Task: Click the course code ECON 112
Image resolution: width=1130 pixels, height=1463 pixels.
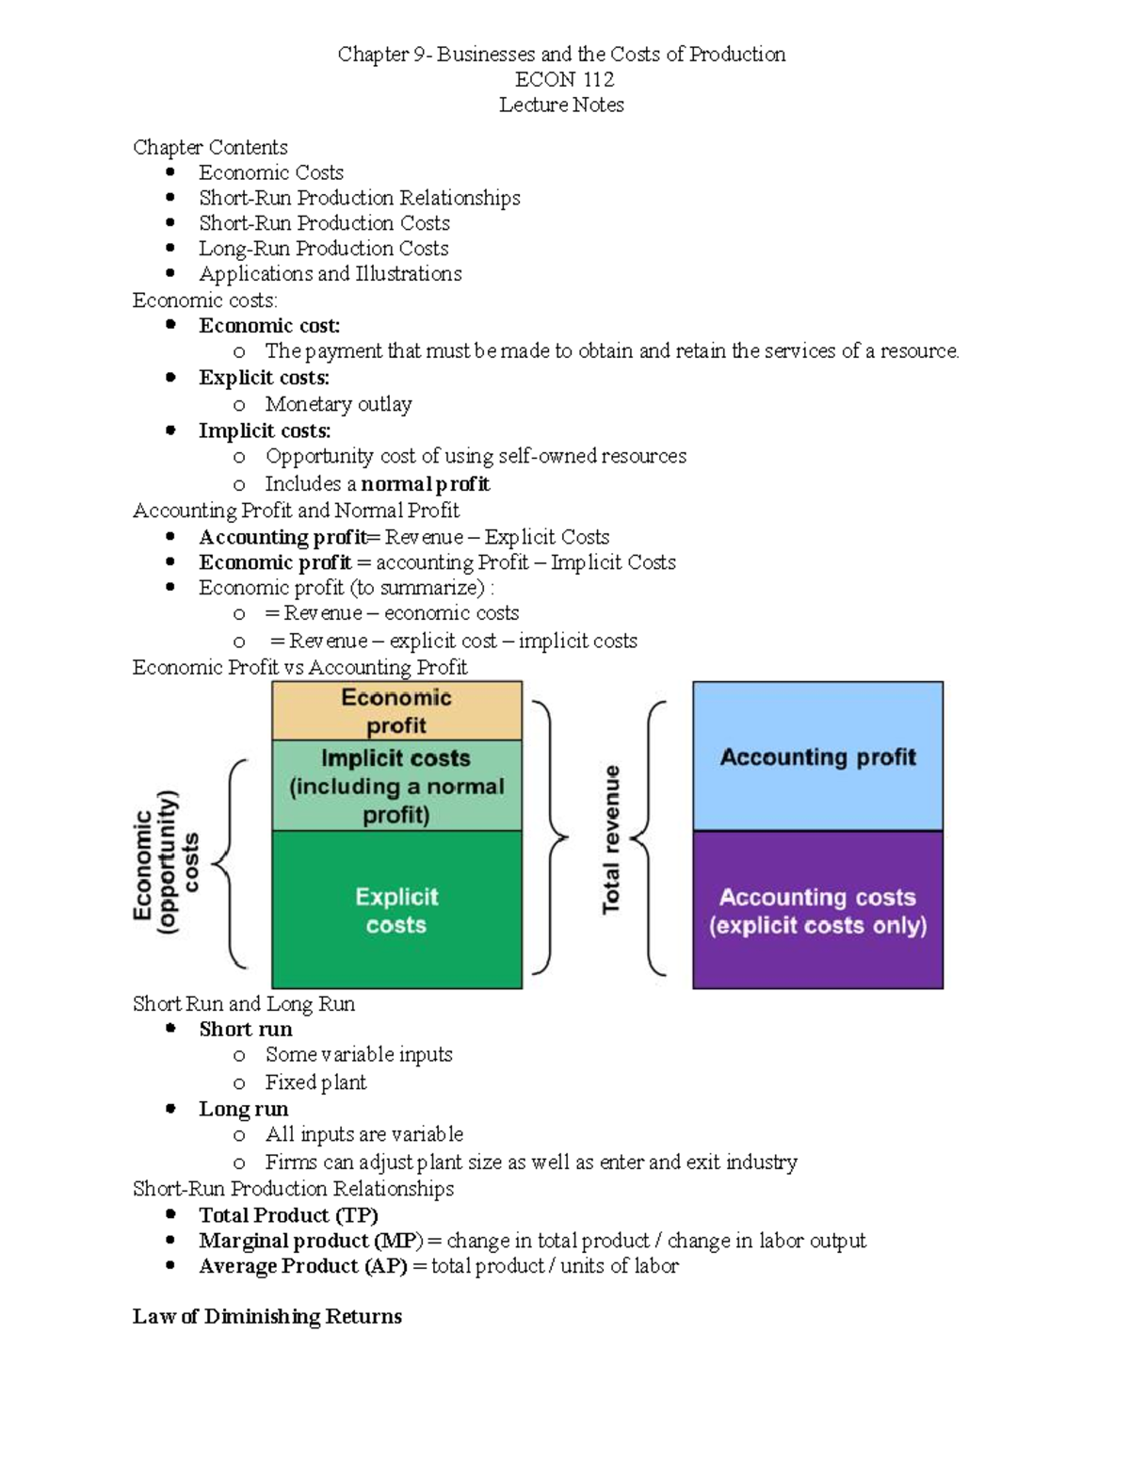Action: coord(564,80)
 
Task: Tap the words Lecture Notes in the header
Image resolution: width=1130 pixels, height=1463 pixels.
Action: coord(561,105)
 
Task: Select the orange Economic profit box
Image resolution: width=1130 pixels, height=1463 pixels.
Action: coord(396,711)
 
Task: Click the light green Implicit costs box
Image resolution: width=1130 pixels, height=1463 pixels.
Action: coord(396,786)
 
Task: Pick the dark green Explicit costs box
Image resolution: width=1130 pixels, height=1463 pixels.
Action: coord(396,910)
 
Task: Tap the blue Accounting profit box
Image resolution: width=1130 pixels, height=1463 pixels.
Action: coord(817,756)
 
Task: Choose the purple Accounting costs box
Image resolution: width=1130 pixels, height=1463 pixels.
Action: coord(817,910)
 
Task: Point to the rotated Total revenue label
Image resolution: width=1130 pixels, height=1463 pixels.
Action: coord(611,838)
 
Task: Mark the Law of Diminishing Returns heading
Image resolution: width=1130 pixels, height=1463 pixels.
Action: coord(267,1316)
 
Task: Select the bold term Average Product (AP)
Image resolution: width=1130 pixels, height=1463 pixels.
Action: coord(302,1266)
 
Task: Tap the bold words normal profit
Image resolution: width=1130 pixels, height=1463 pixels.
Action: coord(425,484)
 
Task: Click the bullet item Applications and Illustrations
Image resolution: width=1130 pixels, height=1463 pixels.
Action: coord(330,274)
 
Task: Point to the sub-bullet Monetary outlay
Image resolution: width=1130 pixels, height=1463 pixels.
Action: coord(338,404)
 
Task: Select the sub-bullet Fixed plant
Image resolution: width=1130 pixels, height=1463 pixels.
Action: coord(315,1082)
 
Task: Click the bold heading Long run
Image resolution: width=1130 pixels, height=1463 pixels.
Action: coord(243,1109)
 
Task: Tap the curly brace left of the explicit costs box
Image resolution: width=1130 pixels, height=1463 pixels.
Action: coord(230,863)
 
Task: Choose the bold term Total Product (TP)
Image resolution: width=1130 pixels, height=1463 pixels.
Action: coord(288,1215)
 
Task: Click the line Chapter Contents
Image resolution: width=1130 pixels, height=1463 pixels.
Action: coord(210,147)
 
